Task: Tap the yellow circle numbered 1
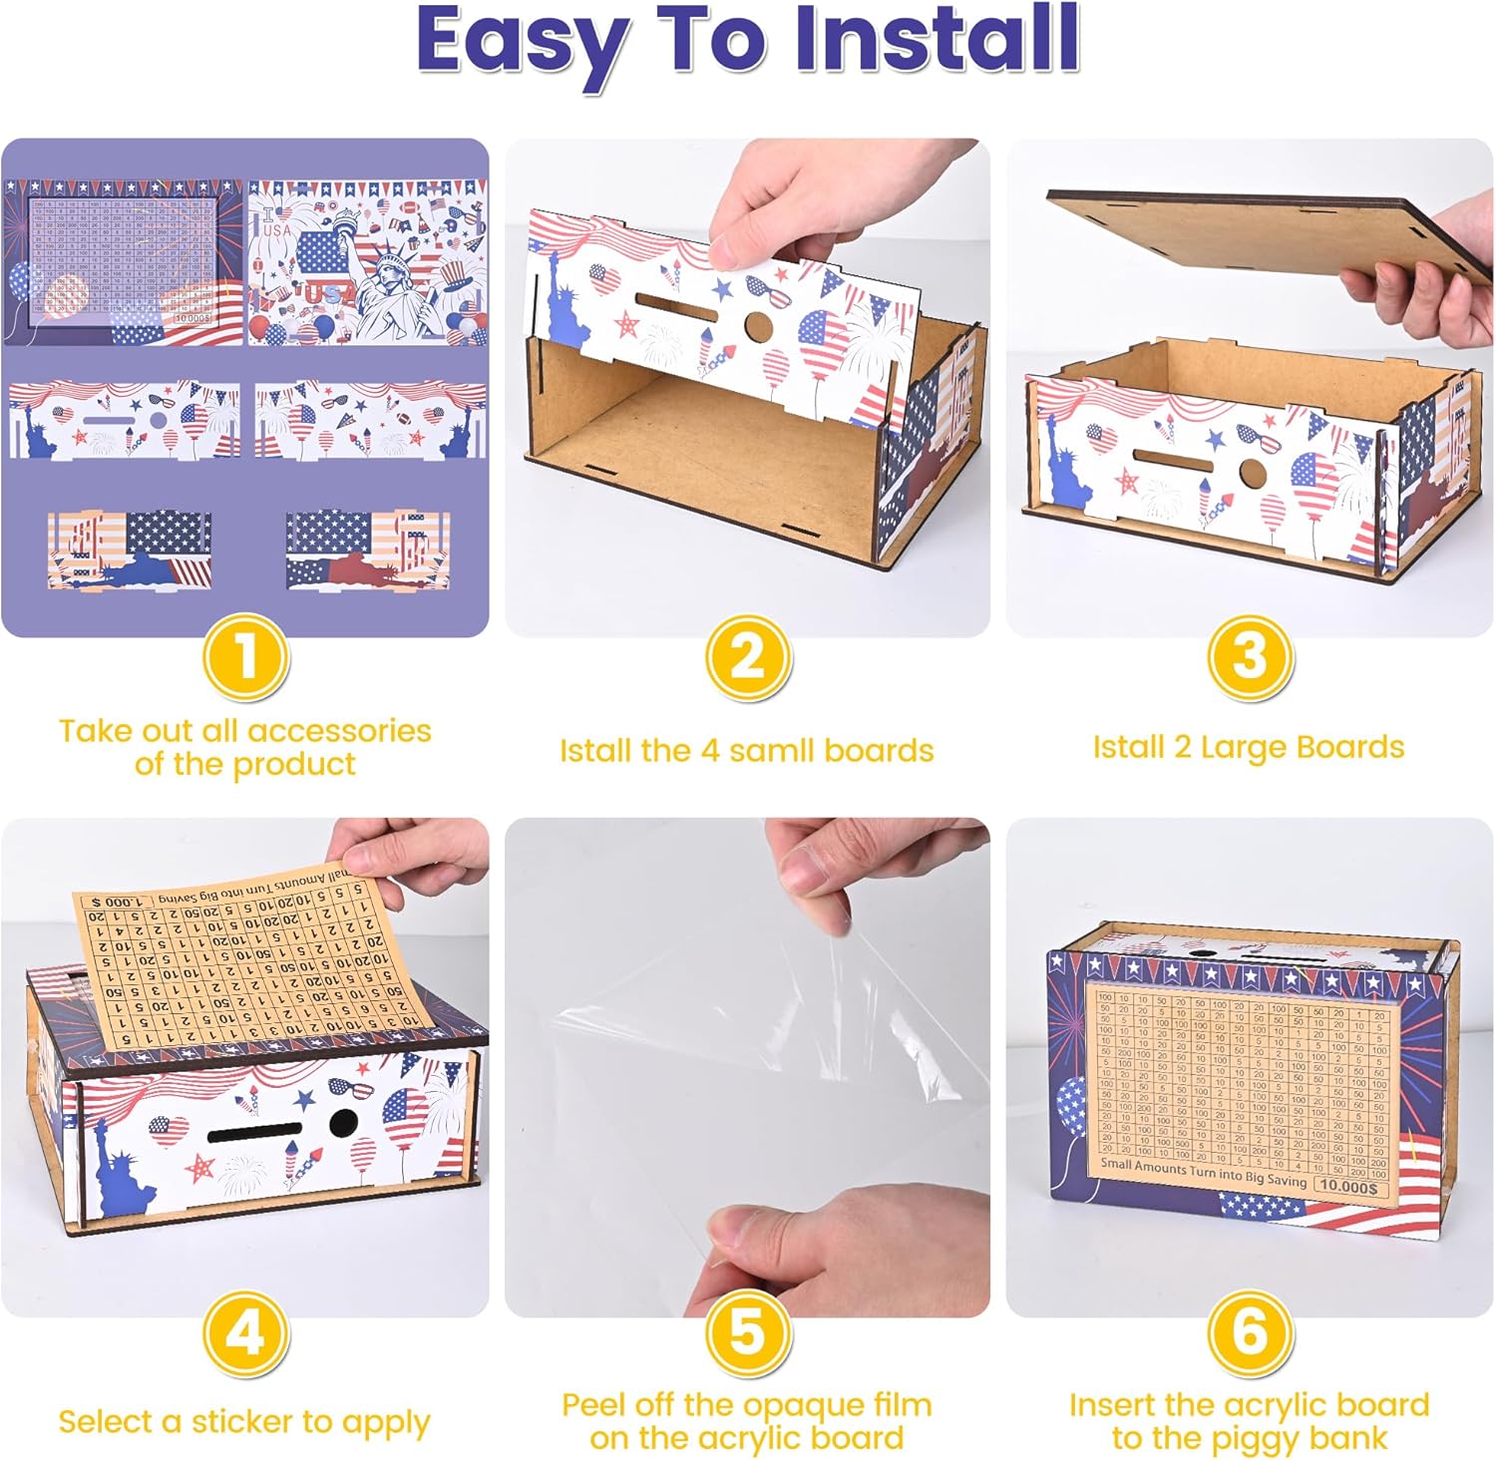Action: point(245,658)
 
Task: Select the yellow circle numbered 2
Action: point(748,658)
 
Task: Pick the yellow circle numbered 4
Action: point(245,1334)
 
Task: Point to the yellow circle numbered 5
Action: point(748,1334)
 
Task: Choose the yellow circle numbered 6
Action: point(1249,1334)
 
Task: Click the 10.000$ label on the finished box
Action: point(1351,1186)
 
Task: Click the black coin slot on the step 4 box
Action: point(255,1132)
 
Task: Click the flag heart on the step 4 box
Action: point(168,1130)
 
